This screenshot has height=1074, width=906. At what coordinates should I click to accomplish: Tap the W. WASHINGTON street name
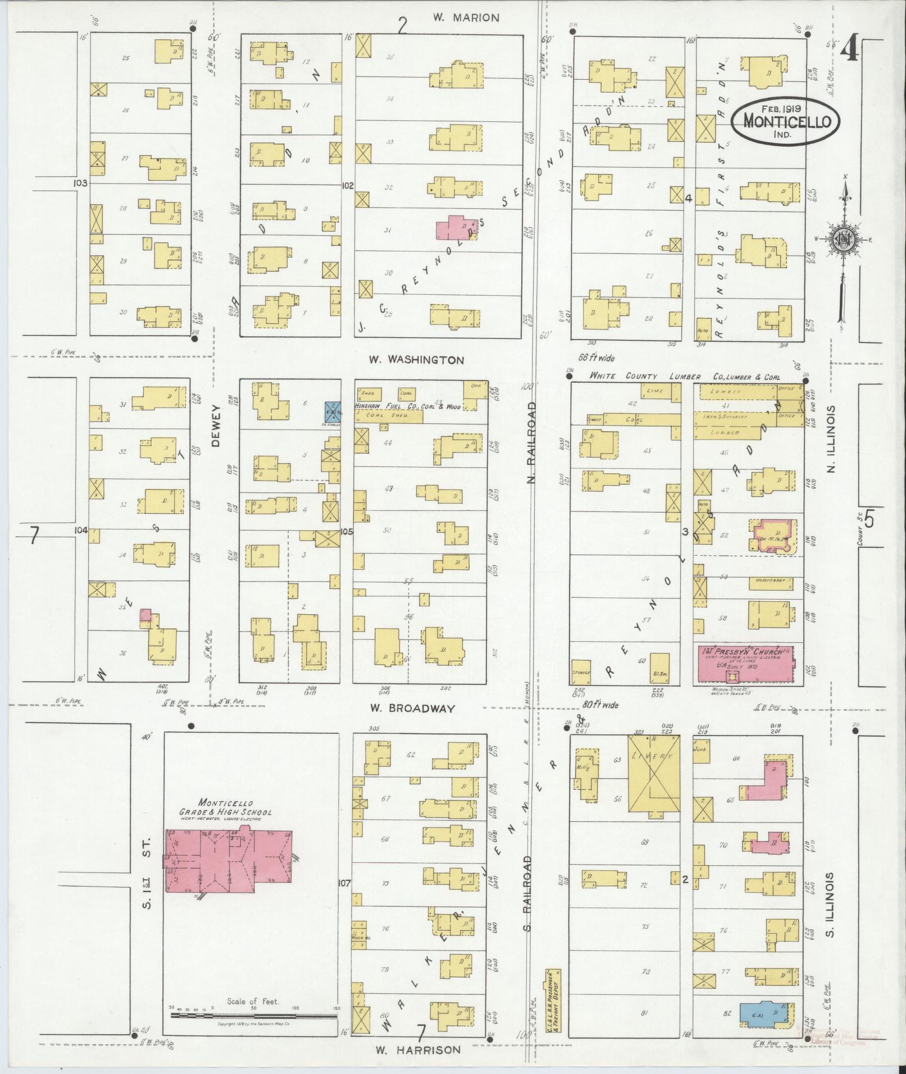coord(416,360)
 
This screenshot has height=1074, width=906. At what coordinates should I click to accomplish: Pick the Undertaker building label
coord(769,580)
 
